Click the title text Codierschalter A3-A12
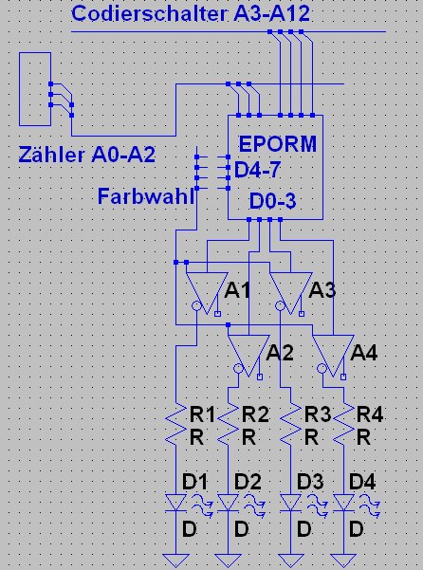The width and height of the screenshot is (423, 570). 191,13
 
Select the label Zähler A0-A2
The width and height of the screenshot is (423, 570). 87,155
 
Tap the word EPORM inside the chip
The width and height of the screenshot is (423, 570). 278,144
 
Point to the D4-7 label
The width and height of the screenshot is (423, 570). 258,170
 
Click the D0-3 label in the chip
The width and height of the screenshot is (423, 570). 272,201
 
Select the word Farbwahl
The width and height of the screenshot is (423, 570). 146,196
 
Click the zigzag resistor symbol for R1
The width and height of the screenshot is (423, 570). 175,424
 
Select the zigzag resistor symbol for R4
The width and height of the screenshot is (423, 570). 343,424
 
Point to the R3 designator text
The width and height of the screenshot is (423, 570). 317,414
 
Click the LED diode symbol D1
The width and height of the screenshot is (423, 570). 175,503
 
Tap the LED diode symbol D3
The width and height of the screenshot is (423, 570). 291,503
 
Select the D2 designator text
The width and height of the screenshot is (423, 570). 248,482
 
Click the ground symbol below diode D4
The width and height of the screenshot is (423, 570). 343,561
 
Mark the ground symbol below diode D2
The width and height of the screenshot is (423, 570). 228,561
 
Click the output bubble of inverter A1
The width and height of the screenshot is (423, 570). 196,305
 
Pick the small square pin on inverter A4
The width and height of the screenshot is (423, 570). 343,377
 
